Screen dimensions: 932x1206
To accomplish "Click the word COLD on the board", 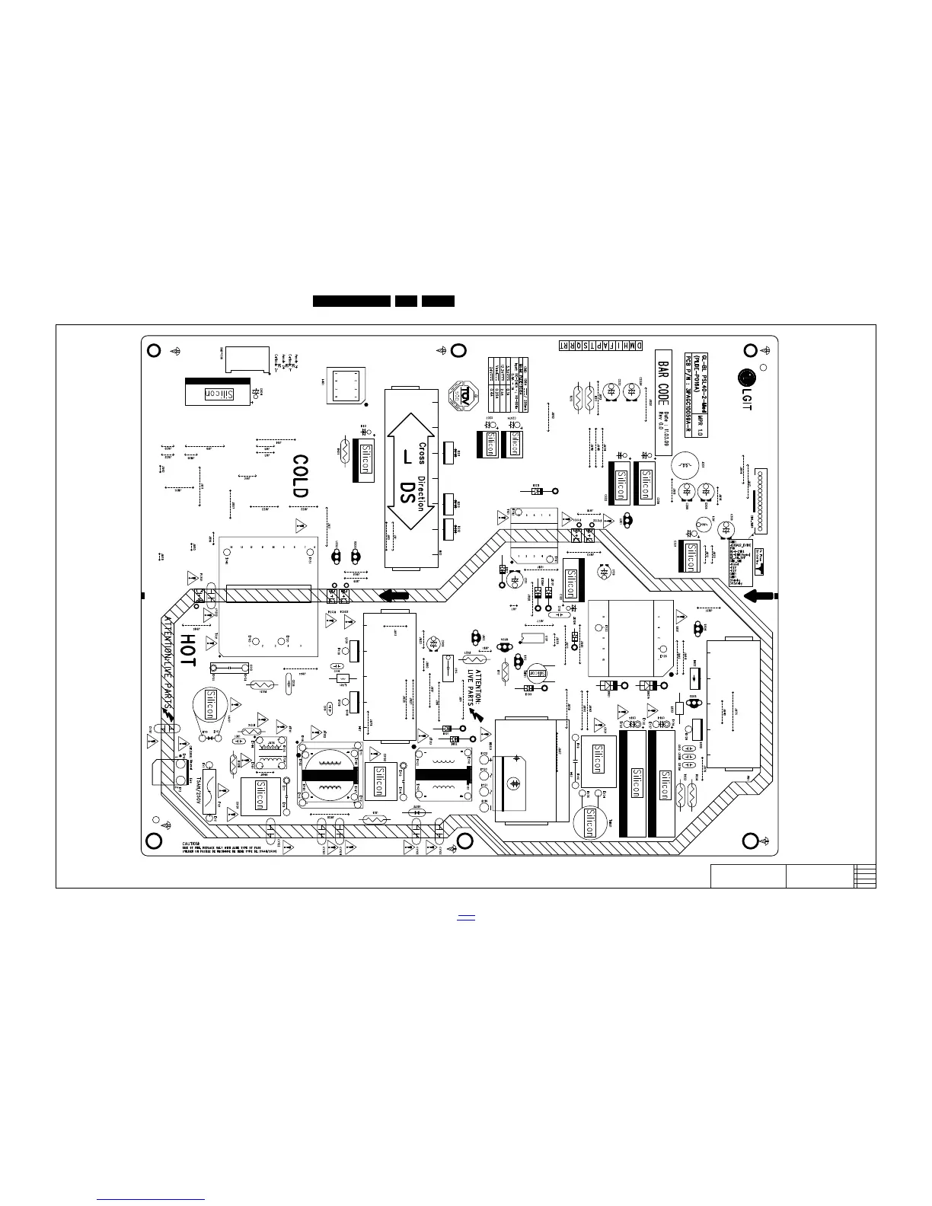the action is coord(302,476).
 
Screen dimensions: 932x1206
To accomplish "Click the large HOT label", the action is coord(187,652).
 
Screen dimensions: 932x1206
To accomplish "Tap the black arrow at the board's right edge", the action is coord(759,595).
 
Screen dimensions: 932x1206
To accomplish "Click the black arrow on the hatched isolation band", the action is coord(394,595).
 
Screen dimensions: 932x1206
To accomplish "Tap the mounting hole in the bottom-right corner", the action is coord(749,841).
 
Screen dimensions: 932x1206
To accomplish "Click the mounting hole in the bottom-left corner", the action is coord(152,841).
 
